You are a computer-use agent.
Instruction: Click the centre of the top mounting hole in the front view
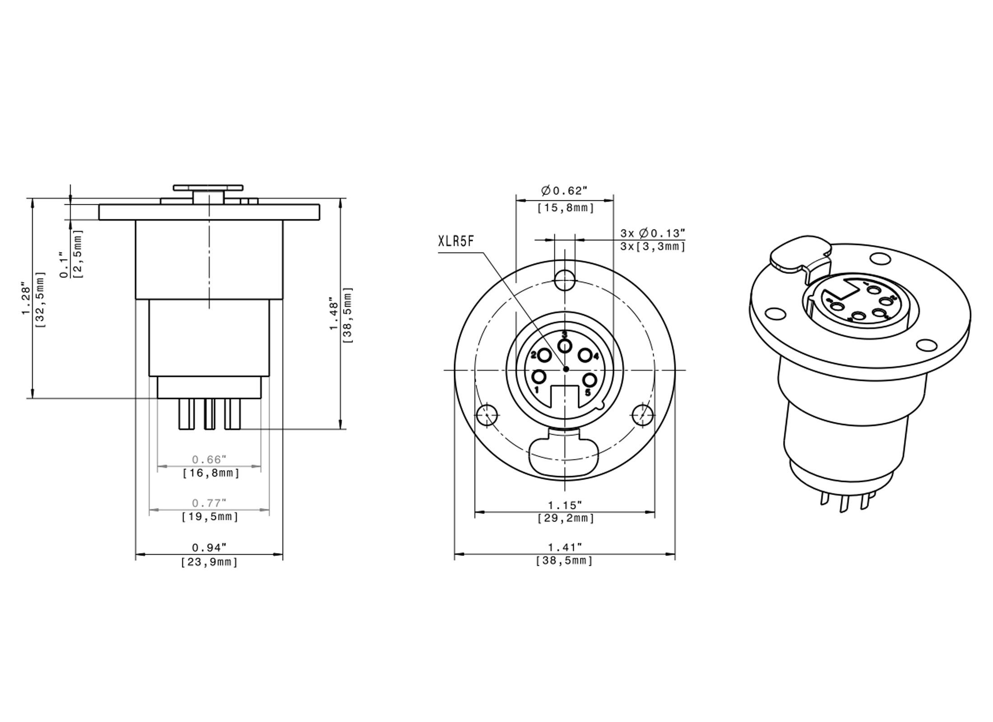click(x=565, y=280)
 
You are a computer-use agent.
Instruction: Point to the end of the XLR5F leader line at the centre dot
click(x=566, y=369)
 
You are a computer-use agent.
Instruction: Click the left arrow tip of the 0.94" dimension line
click(x=136, y=554)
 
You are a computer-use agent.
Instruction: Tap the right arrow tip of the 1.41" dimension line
click(x=675, y=554)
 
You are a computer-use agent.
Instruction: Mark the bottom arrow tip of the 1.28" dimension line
click(x=32, y=398)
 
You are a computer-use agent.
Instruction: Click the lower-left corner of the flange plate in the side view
click(x=99, y=220)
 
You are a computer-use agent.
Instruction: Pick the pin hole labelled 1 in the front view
click(x=540, y=376)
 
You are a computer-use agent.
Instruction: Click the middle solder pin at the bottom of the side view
click(x=209, y=414)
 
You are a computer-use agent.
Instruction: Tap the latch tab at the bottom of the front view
click(x=564, y=456)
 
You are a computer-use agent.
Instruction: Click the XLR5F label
click(x=456, y=241)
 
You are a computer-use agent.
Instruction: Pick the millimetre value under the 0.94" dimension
click(x=209, y=562)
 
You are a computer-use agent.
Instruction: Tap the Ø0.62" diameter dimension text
click(x=564, y=191)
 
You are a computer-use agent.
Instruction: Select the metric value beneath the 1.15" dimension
click(x=566, y=518)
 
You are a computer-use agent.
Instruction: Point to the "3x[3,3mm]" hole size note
click(x=653, y=246)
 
